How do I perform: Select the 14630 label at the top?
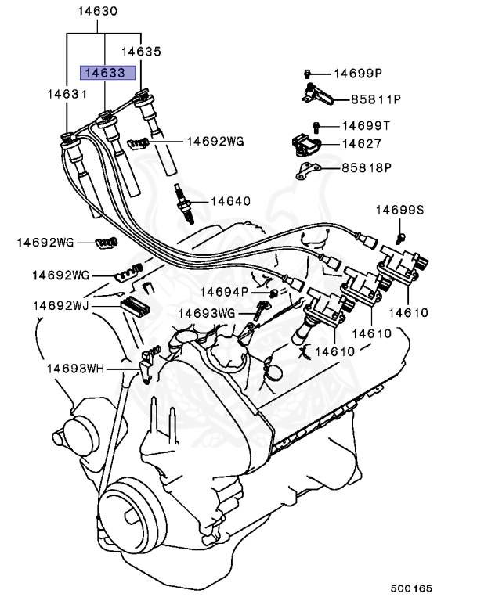tap(98, 12)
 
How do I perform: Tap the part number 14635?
tap(141, 52)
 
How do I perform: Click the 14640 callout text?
tap(229, 201)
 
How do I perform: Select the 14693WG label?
tap(206, 312)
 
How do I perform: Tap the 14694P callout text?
tap(224, 292)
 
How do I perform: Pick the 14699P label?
tap(357, 74)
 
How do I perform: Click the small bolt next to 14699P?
tap(309, 74)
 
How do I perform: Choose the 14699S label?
tap(399, 210)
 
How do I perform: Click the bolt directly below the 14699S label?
tap(400, 234)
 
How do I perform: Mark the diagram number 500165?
tap(412, 588)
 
